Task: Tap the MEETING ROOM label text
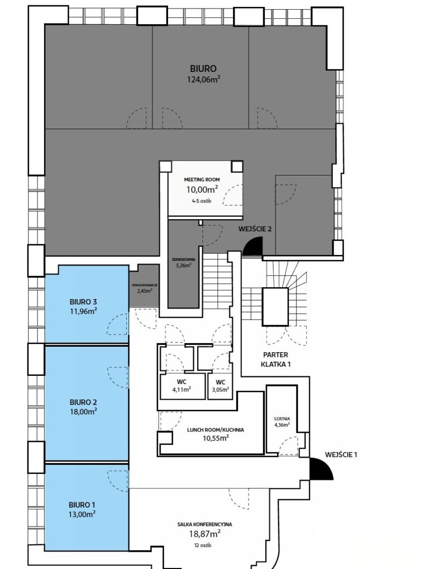pyautogui.click(x=201, y=179)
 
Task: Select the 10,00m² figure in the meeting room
pyautogui.click(x=201, y=189)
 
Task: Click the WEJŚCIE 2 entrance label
pyautogui.click(x=255, y=229)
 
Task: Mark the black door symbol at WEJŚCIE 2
pyautogui.click(x=252, y=247)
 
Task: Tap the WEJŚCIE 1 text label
pyautogui.click(x=341, y=455)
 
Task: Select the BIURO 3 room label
pyautogui.click(x=83, y=301)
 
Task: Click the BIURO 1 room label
pyautogui.click(x=82, y=505)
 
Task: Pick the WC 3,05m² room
pyautogui.click(x=220, y=386)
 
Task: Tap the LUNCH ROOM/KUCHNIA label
pyautogui.click(x=215, y=429)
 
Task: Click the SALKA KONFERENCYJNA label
pyautogui.click(x=205, y=524)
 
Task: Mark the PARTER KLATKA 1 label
pyautogui.click(x=276, y=359)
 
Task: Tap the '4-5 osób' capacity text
pyautogui.click(x=201, y=201)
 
